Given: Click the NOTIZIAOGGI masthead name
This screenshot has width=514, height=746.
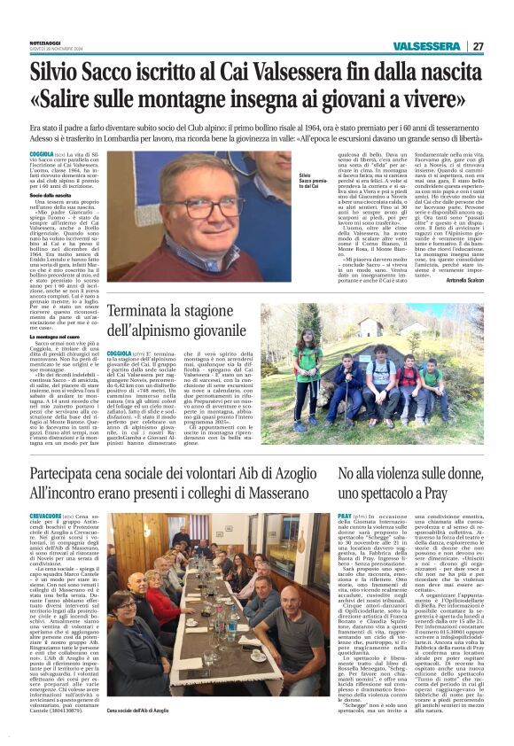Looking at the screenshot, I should click(x=44, y=43).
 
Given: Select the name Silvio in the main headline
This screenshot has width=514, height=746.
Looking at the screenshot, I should click(x=62, y=72).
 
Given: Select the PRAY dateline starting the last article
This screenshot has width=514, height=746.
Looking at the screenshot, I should click(x=345, y=515).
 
